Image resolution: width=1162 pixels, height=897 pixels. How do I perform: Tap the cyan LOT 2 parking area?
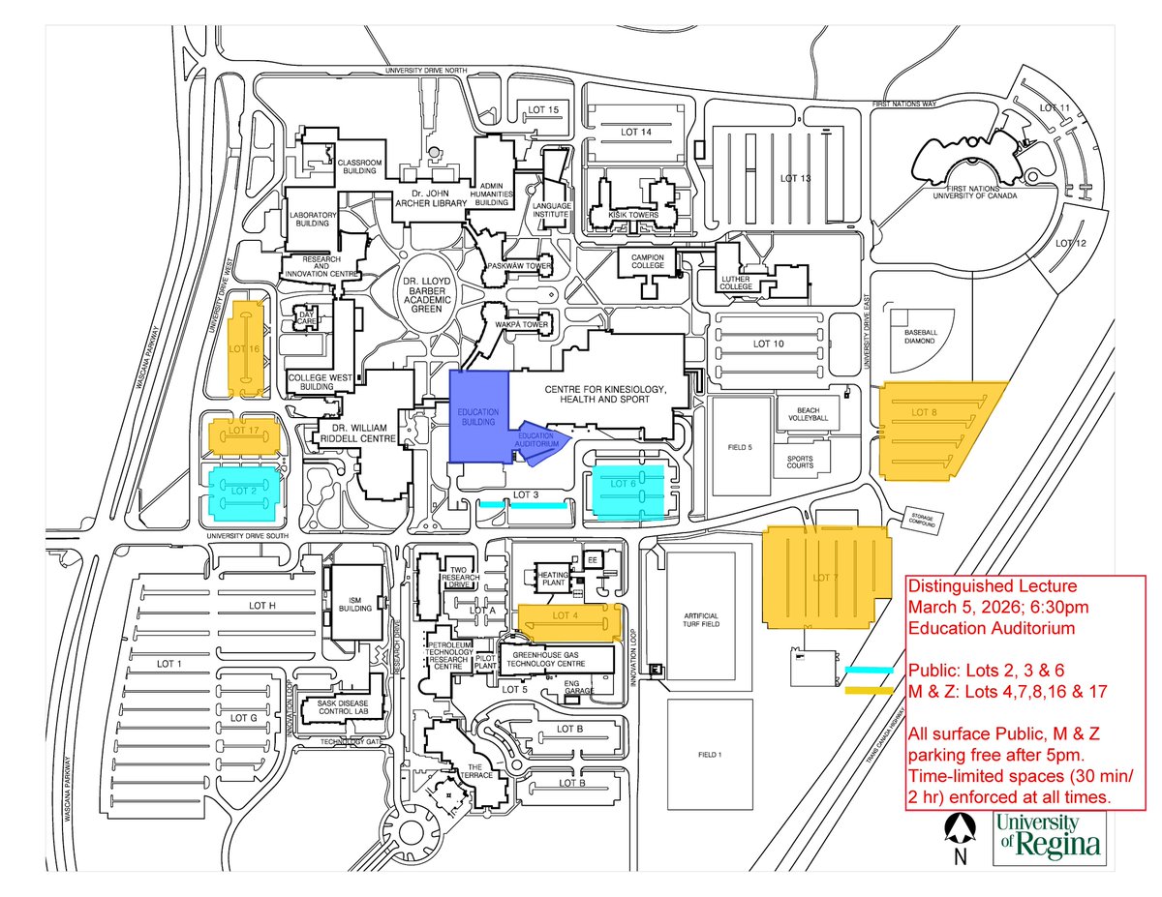(243, 490)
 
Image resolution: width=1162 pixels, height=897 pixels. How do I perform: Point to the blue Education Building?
(478, 417)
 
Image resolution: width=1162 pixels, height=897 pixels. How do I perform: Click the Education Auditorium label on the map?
(538, 440)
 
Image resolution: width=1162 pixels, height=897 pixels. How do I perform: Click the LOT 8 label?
(925, 412)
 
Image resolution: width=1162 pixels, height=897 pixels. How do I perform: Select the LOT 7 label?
(825, 578)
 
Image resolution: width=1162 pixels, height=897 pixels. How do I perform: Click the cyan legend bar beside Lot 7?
(868, 670)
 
